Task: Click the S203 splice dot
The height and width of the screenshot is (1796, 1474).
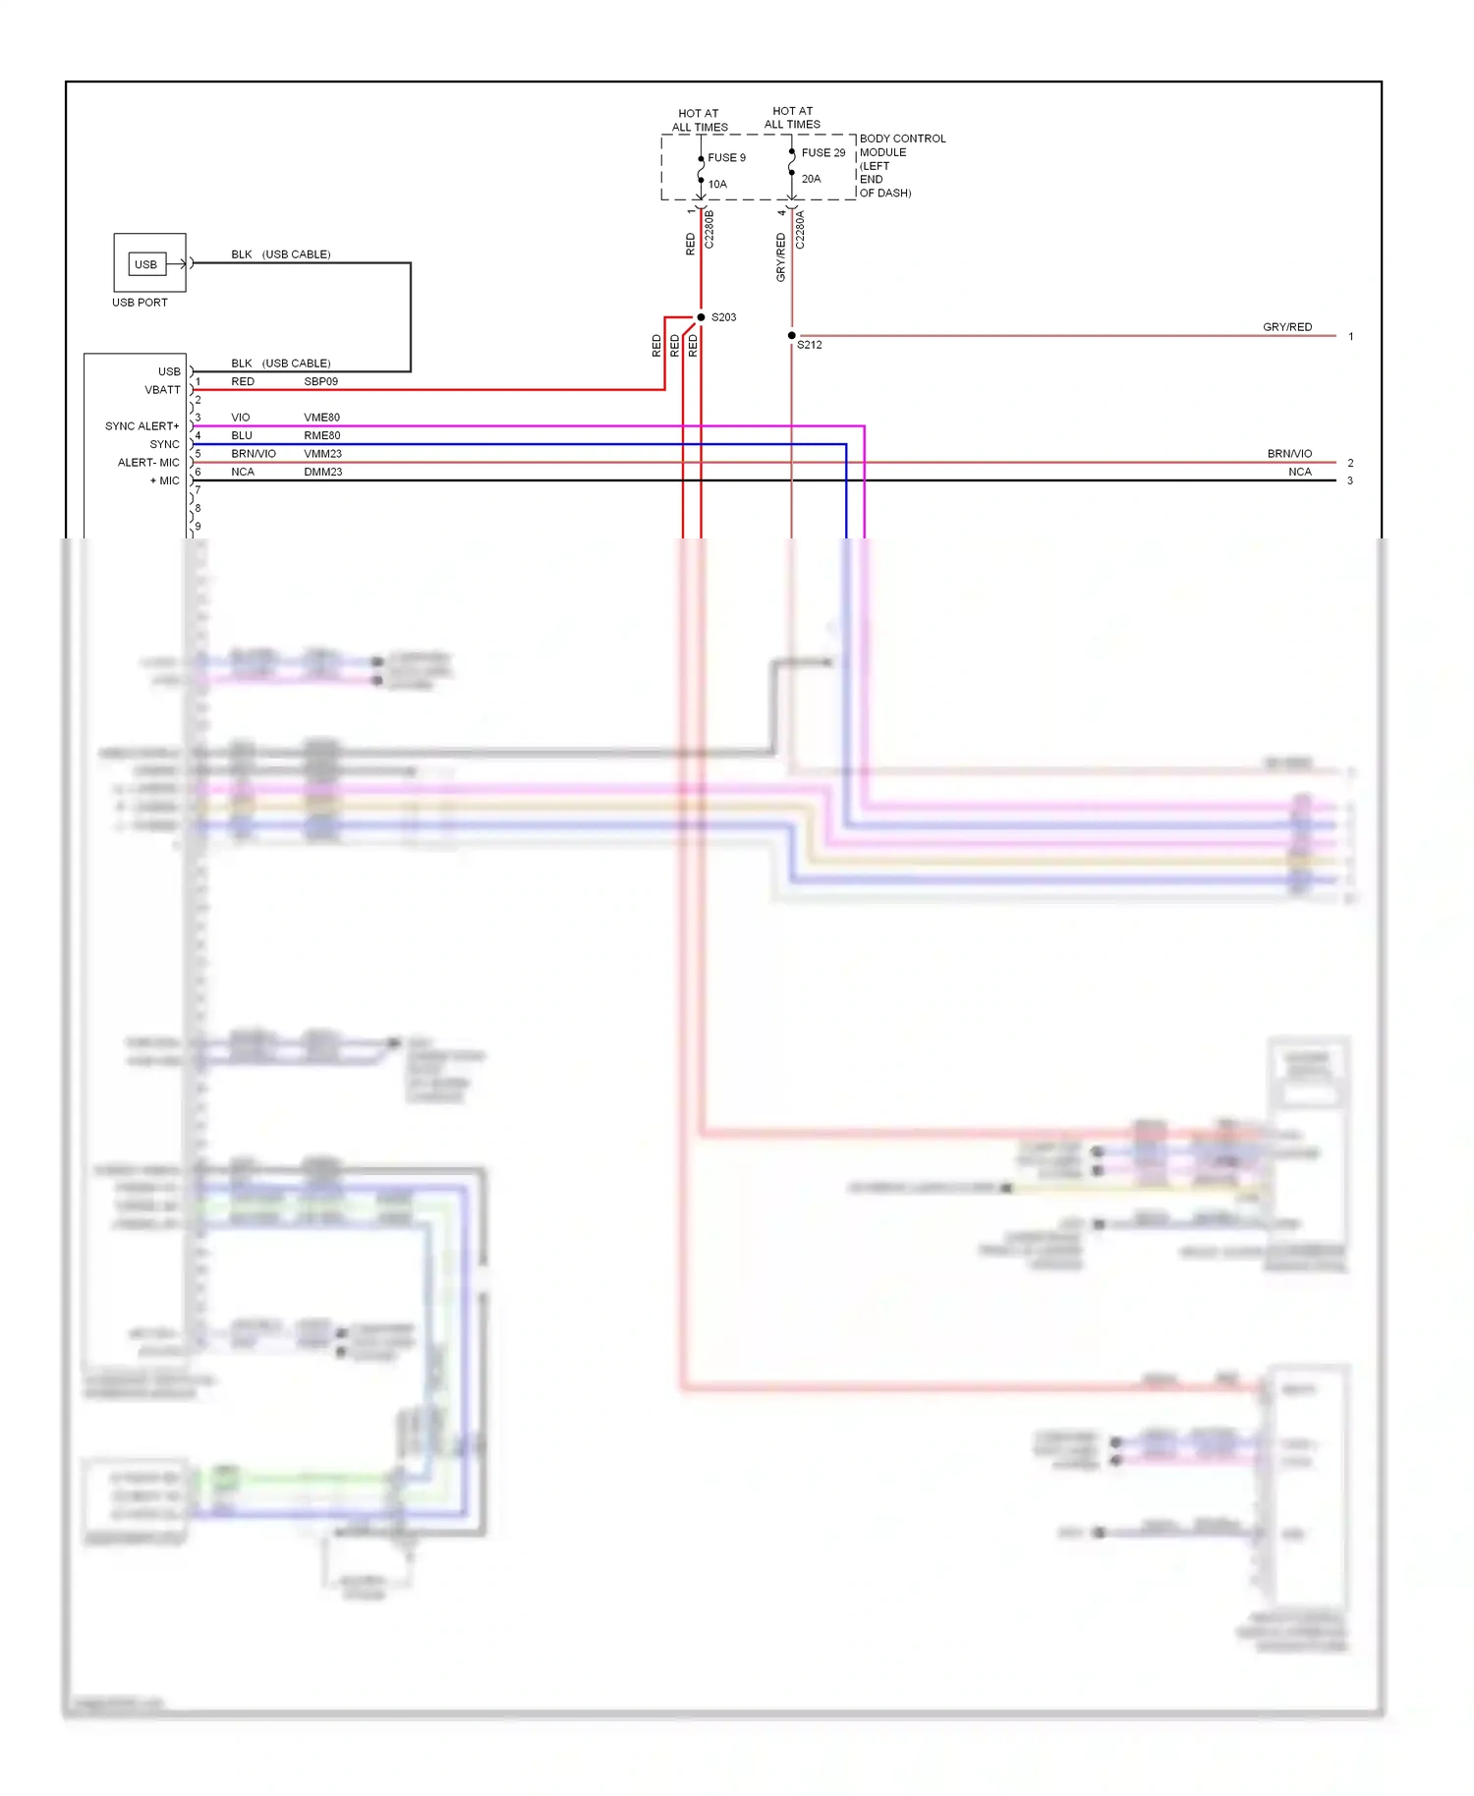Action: click(x=701, y=317)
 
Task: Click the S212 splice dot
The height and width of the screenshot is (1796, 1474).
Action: click(x=792, y=336)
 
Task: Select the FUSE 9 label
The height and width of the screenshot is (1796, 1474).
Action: click(x=726, y=158)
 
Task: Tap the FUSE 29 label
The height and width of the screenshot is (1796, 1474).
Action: click(x=822, y=153)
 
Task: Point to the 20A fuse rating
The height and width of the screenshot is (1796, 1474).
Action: click(x=811, y=179)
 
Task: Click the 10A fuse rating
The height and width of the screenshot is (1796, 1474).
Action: click(x=717, y=185)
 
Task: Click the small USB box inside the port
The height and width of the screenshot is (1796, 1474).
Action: click(x=145, y=264)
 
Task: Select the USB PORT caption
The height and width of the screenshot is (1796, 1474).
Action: click(x=140, y=303)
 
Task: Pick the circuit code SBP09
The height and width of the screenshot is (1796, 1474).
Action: click(x=320, y=382)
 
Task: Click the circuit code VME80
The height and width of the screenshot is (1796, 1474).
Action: click(x=321, y=418)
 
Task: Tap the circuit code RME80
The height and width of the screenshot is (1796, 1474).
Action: click(x=321, y=436)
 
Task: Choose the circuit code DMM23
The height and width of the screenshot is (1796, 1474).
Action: click(x=322, y=473)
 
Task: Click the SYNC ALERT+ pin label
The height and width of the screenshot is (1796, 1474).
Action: click(x=142, y=426)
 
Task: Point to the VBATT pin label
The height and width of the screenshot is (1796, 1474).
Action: click(x=162, y=390)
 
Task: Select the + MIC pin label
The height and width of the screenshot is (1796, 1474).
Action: click(x=164, y=481)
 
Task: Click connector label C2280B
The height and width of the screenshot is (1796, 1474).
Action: click(x=709, y=229)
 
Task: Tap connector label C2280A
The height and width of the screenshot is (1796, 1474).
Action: click(x=800, y=229)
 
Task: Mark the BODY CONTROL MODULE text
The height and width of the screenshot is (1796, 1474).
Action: click(x=901, y=145)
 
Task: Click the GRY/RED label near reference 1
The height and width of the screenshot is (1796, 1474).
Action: click(x=1287, y=327)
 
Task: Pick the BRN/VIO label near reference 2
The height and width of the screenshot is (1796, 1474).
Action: click(x=1289, y=454)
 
